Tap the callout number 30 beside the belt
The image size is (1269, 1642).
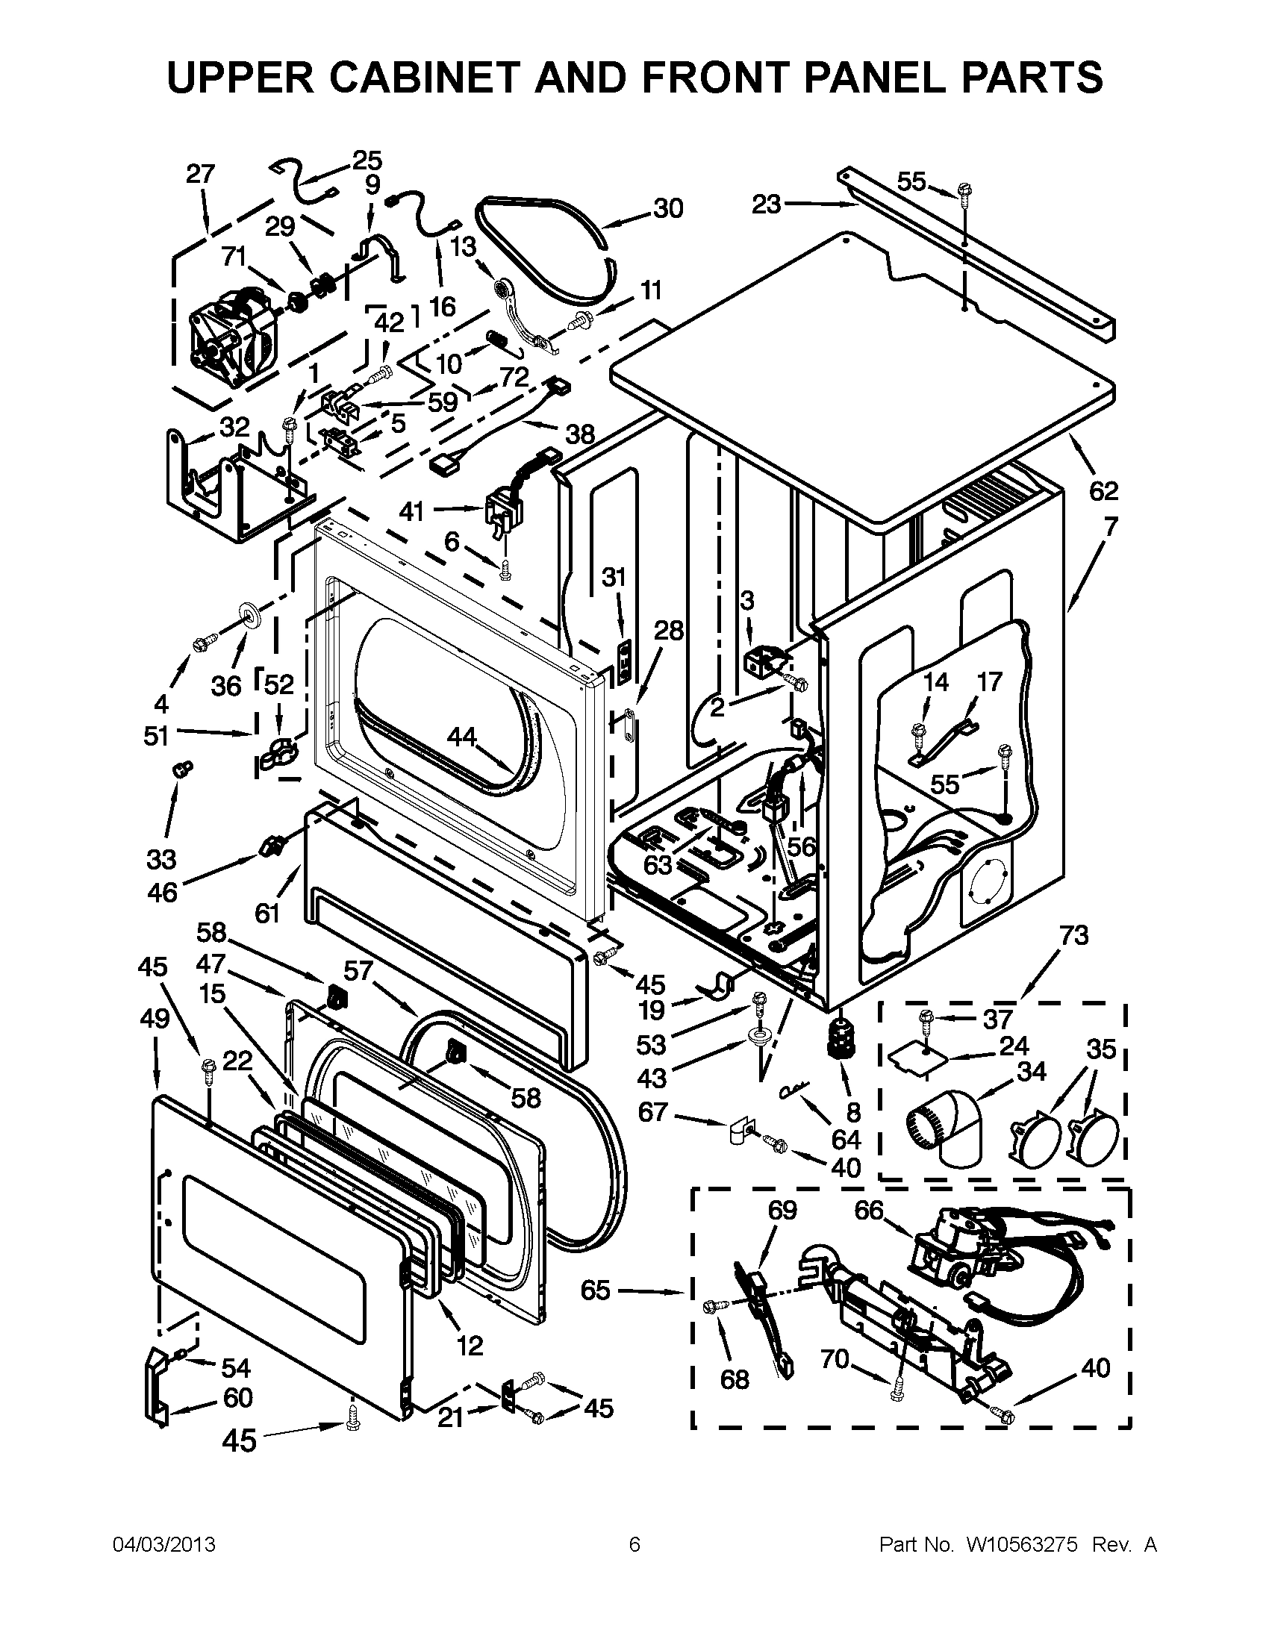(667, 208)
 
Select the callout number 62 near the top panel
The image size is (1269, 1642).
(1103, 491)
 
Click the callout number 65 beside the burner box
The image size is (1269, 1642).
(596, 1290)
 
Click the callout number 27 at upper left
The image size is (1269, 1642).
(201, 175)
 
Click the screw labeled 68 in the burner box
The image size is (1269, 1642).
(711, 1308)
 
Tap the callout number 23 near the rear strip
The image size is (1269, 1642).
(767, 204)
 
